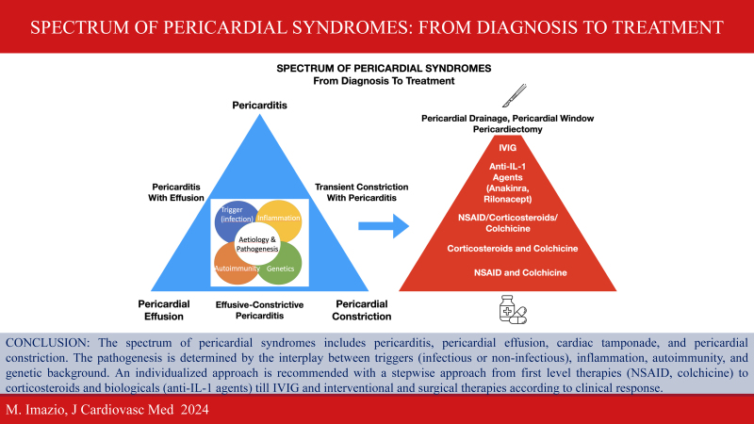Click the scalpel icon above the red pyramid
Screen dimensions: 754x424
click(514, 96)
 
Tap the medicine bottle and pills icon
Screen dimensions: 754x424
click(513, 309)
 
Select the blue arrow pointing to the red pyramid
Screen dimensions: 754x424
click(384, 226)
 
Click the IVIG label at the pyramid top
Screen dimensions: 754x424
click(507, 148)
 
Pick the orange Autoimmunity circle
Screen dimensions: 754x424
click(235, 265)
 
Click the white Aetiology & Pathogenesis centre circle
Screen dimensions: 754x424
click(257, 244)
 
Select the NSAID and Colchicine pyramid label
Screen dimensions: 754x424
click(520, 272)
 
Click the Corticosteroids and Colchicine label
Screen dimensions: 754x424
click(512, 249)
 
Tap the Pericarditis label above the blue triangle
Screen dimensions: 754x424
click(260, 106)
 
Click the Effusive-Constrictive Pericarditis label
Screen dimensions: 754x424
click(260, 310)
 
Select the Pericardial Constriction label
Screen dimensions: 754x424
click(362, 310)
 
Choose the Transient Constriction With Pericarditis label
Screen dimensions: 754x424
click(362, 192)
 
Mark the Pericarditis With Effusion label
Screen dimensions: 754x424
click(176, 192)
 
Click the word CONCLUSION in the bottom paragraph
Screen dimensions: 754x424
click(47, 343)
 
